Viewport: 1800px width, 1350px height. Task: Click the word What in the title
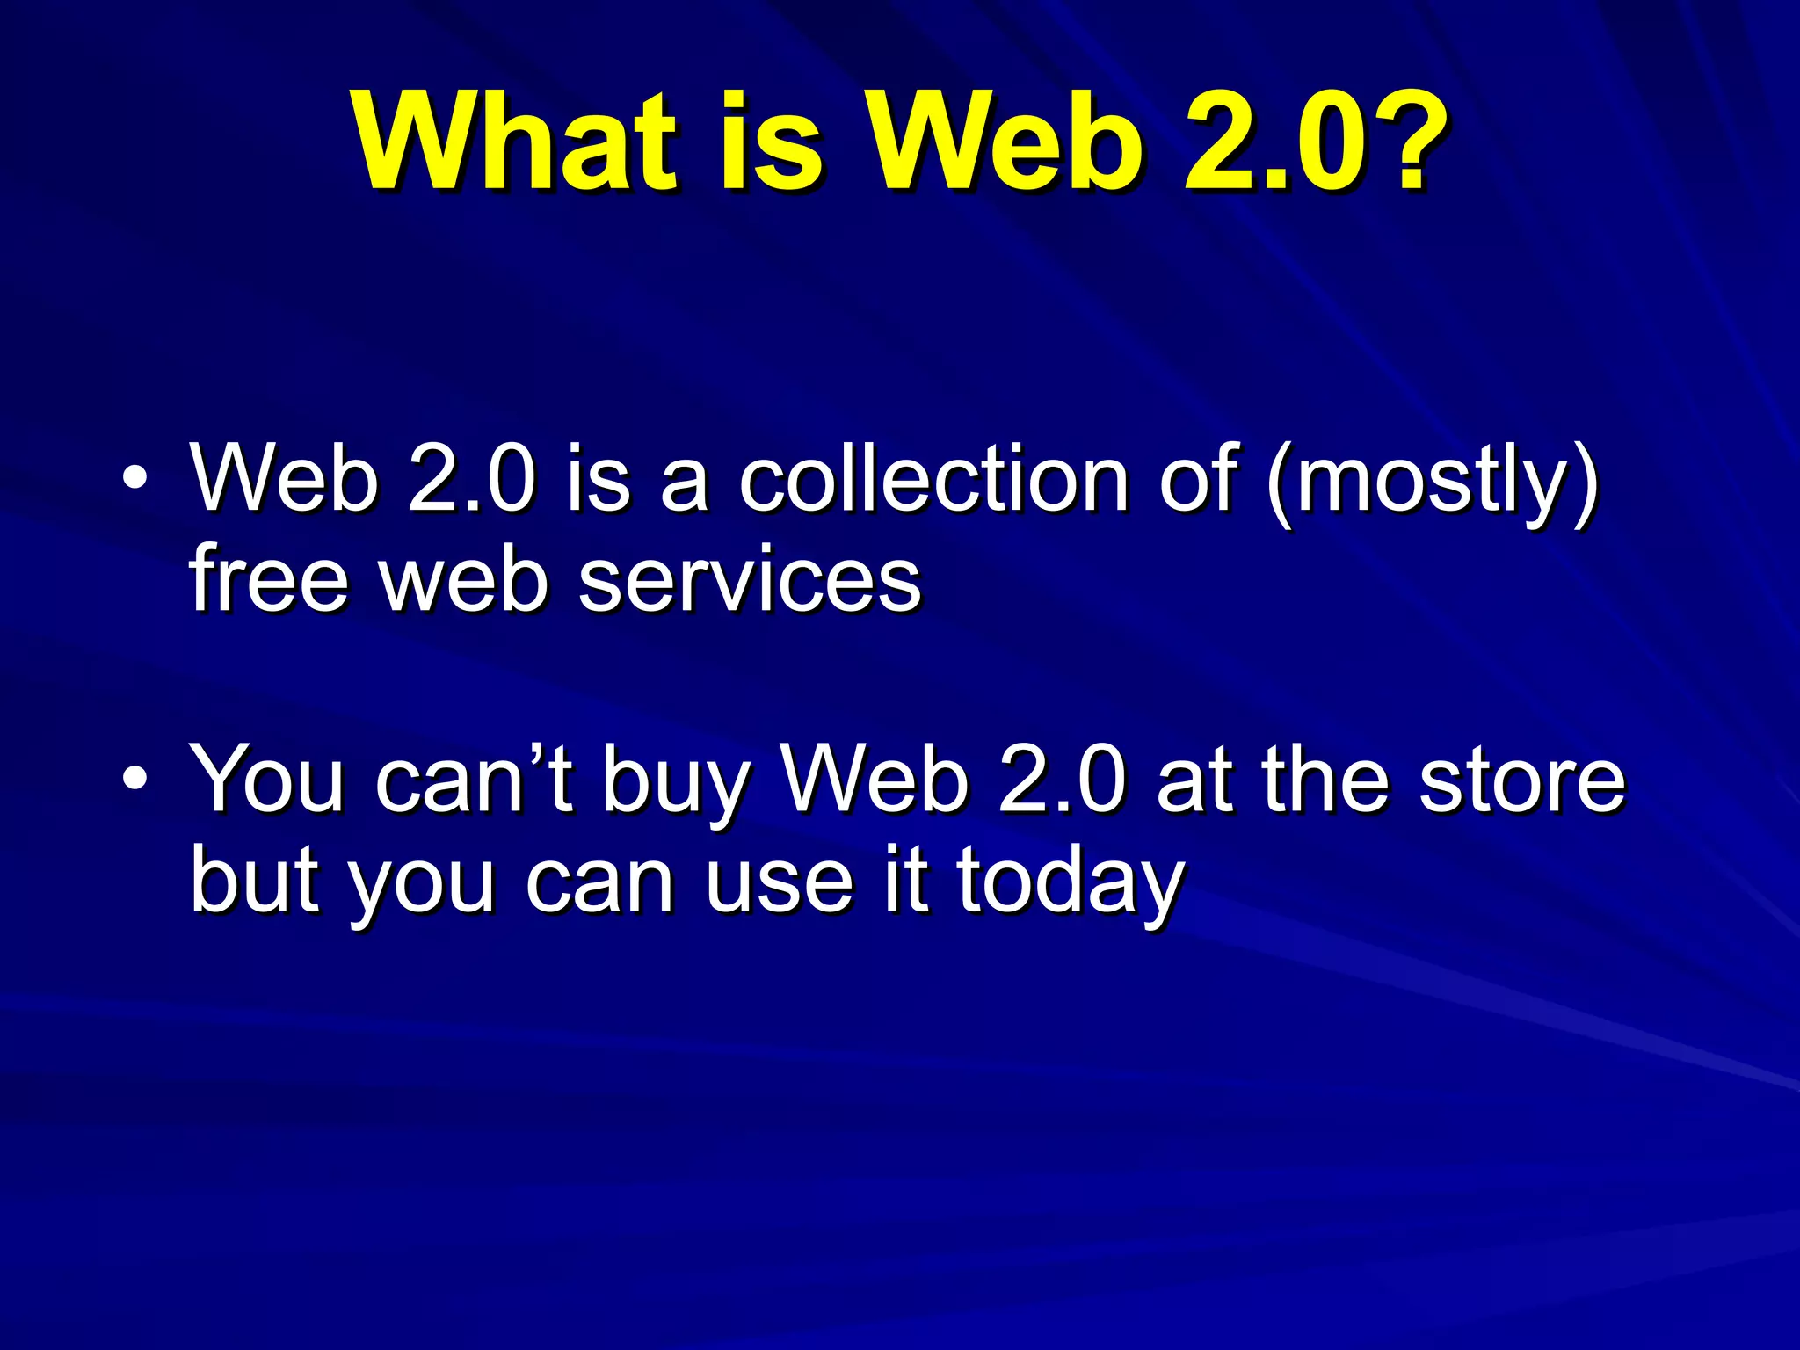tap(516, 143)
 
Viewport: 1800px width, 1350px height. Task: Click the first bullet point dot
tap(134, 480)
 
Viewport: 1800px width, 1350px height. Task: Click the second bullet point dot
tap(134, 779)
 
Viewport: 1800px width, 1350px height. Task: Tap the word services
tap(749, 579)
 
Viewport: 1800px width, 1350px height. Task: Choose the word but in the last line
tap(254, 879)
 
